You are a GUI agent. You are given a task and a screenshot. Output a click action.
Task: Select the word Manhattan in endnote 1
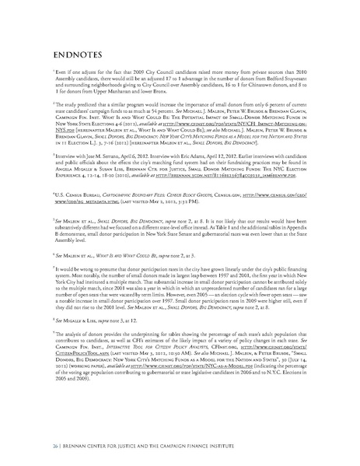click(x=106, y=101)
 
